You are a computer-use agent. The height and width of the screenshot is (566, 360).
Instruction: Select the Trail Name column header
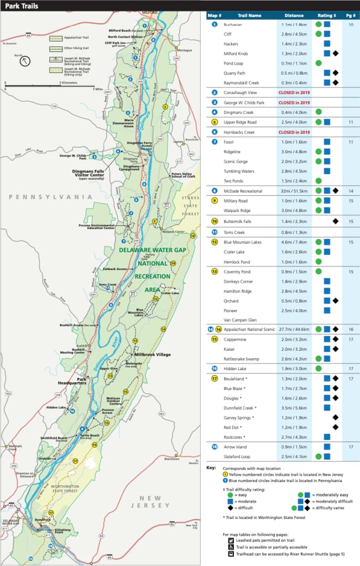point(250,15)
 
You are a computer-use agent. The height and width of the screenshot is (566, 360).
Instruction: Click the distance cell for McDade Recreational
point(294,190)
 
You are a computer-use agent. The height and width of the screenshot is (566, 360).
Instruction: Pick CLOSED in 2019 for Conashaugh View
point(294,92)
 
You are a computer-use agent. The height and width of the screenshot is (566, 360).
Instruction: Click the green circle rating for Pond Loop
point(319,63)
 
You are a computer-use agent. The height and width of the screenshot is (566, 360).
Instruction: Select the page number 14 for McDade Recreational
point(351,190)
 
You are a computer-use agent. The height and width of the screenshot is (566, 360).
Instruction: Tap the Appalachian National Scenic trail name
point(249,329)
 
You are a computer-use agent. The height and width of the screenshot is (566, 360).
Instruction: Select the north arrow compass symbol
point(25,60)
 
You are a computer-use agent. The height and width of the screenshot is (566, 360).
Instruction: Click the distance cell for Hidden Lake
point(294,368)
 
